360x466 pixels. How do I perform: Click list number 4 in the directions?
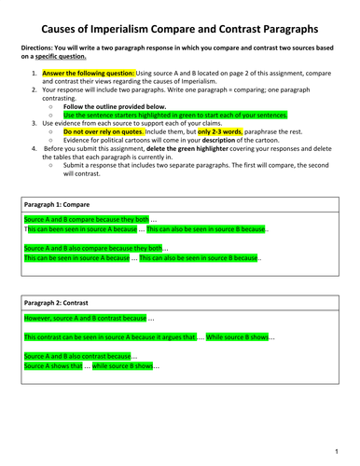coord(35,148)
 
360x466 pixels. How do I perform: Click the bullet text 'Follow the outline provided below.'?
coord(120,107)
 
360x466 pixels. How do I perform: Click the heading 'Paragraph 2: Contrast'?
coord(57,303)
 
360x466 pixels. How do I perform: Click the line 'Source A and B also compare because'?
coord(93,249)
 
